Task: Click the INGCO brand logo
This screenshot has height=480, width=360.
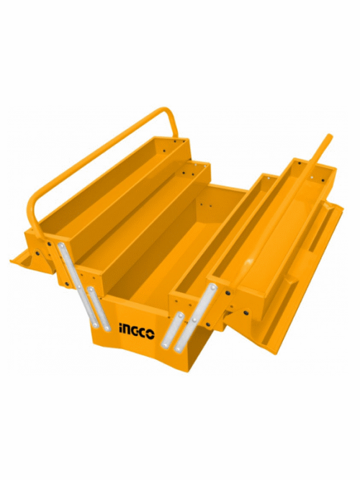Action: [136, 332]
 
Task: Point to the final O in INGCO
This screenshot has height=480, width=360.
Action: [150, 333]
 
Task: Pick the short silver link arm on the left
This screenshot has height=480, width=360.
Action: [99, 309]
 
